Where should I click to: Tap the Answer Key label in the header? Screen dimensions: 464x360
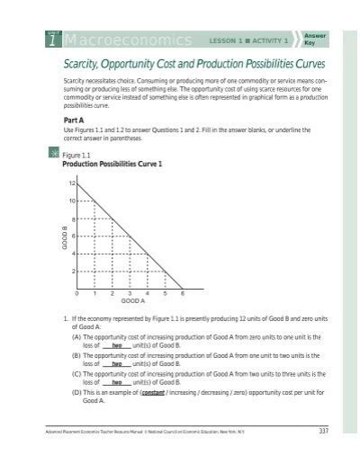(315, 39)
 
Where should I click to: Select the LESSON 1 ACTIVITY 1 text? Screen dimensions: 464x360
(248, 41)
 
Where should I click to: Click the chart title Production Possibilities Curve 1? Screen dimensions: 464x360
(111, 164)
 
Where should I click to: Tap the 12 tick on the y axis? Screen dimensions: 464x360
(72, 183)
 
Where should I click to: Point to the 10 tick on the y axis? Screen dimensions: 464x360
(72, 201)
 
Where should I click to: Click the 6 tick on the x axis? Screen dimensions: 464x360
(183, 294)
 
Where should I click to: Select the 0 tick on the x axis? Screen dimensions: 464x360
(78, 294)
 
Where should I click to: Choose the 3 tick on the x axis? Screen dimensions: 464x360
(130, 294)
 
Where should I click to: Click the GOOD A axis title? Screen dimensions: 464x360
(131, 302)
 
